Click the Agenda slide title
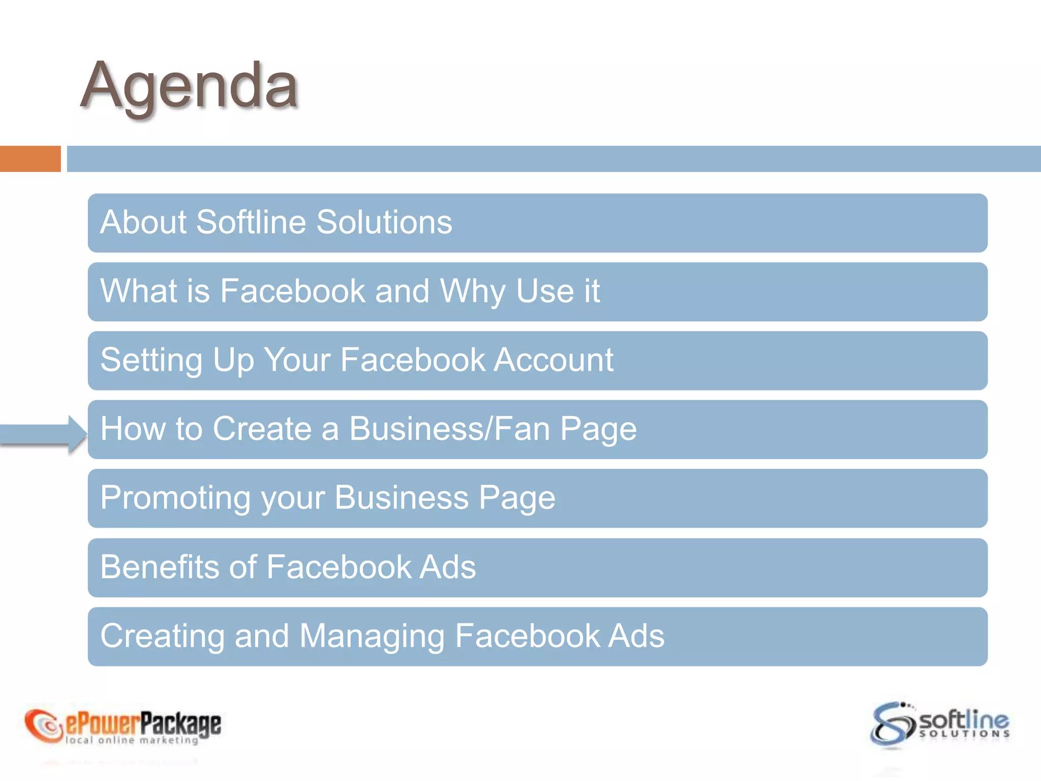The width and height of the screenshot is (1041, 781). click(x=189, y=85)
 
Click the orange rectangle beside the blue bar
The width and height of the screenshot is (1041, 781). click(x=30, y=159)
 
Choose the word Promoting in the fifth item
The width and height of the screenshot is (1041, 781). click(x=175, y=498)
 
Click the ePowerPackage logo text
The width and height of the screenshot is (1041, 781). click(x=143, y=723)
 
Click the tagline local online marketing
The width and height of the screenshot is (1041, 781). click(x=132, y=740)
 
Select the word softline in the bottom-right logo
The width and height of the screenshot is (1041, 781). click(x=964, y=719)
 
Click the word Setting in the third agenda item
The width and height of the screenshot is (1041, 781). click(x=151, y=360)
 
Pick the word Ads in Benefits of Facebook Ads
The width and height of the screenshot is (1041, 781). click(x=447, y=567)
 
